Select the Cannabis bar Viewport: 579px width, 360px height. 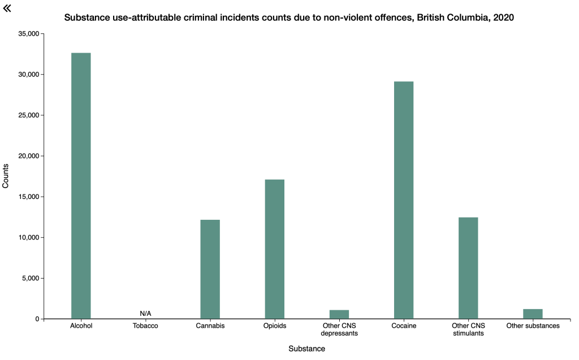(210, 269)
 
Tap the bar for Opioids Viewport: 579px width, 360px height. (275, 249)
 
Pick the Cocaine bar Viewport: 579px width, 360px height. (404, 200)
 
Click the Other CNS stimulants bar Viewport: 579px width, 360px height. (468, 268)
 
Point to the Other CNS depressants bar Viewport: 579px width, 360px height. (339, 314)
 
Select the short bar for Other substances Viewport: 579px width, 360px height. (533, 314)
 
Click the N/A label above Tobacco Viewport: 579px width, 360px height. (145, 314)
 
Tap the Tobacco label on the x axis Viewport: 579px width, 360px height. (145, 326)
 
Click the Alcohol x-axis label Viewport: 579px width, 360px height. (81, 326)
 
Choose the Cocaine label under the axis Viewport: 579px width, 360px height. (404, 326)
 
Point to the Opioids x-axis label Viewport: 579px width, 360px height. (275, 326)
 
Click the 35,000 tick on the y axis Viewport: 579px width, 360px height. (28, 34)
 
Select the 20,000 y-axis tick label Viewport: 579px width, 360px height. (28, 156)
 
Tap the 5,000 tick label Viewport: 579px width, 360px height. (29, 278)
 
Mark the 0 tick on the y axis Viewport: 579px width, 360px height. (37, 319)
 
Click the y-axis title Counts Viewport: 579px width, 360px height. (6, 176)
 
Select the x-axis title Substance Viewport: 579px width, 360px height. (306, 349)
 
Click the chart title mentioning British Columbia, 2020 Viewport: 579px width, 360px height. (289, 18)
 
